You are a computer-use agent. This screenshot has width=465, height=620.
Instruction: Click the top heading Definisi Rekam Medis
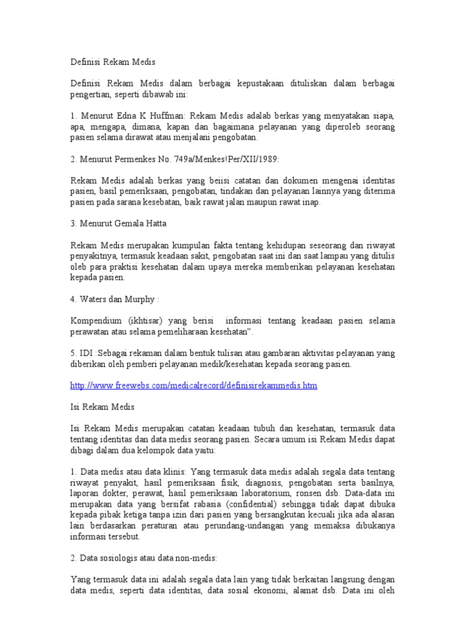113,62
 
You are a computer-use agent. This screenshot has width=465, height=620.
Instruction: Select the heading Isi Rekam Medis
101,407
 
